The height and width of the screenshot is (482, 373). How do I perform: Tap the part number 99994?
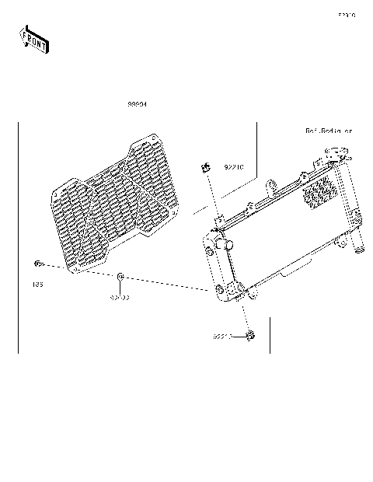click(138, 104)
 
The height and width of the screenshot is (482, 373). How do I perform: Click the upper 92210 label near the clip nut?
click(234, 166)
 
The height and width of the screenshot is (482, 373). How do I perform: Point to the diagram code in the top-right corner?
click(346, 15)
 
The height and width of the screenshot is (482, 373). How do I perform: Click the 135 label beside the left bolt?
click(37, 285)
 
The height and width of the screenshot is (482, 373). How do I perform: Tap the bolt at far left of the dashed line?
click(37, 263)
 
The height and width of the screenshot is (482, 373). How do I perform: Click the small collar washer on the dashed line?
click(120, 277)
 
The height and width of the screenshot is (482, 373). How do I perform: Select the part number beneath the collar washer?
click(119, 296)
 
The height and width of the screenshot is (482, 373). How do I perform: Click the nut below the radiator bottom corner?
click(250, 336)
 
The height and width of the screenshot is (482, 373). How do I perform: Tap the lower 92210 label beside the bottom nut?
click(224, 337)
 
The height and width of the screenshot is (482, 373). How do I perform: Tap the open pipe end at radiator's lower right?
click(360, 250)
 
